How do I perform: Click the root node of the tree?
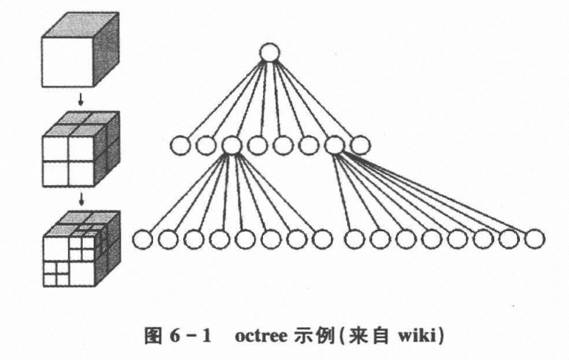[x=269, y=53]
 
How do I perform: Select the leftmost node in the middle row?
[x=179, y=146]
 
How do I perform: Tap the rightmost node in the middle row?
[x=359, y=146]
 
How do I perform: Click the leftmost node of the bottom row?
[x=142, y=239]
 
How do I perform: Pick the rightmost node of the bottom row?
[x=535, y=239]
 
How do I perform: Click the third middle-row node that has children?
[x=231, y=146]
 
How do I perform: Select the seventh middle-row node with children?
[x=334, y=146]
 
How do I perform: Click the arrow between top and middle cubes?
[x=81, y=97]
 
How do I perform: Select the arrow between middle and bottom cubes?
[x=81, y=197]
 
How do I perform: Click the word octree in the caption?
[x=256, y=338]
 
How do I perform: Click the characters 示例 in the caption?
[x=305, y=338]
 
